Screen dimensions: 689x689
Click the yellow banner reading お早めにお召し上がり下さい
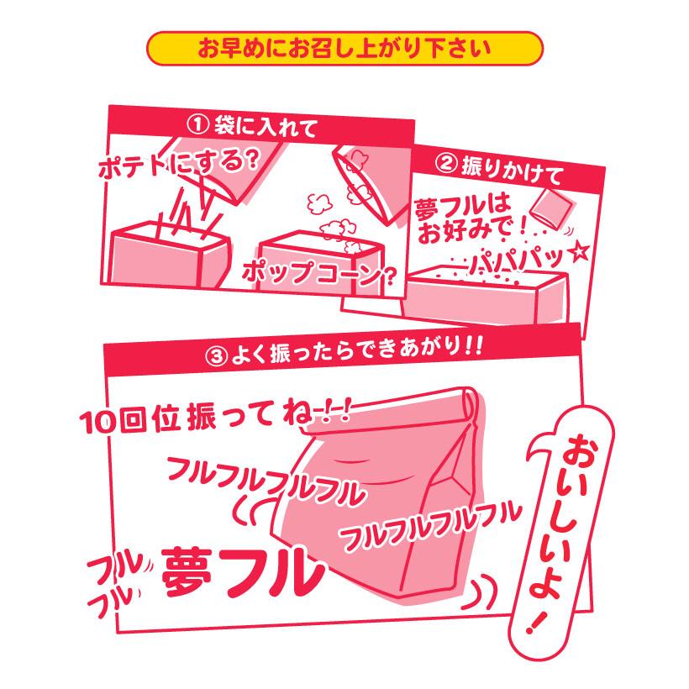[x=344, y=48]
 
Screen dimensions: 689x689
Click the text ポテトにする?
[x=176, y=163]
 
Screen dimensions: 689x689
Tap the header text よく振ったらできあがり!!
[x=353, y=350]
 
